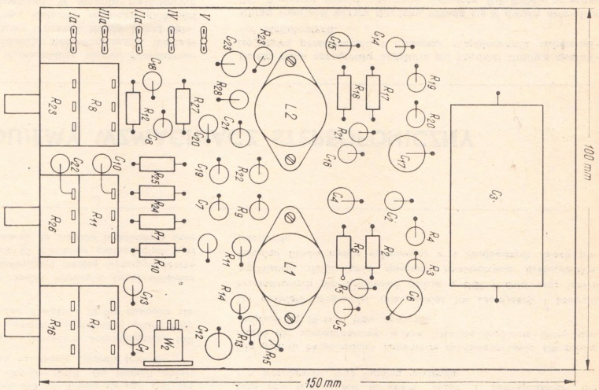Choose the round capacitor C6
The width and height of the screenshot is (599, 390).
click(405, 297)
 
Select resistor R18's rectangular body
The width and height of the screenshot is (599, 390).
click(343, 91)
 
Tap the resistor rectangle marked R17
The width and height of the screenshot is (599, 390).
click(373, 91)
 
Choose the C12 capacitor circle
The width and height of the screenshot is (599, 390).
click(224, 340)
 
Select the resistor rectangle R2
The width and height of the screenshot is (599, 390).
click(373, 251)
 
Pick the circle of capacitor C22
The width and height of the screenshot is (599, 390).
click(61, 164)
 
